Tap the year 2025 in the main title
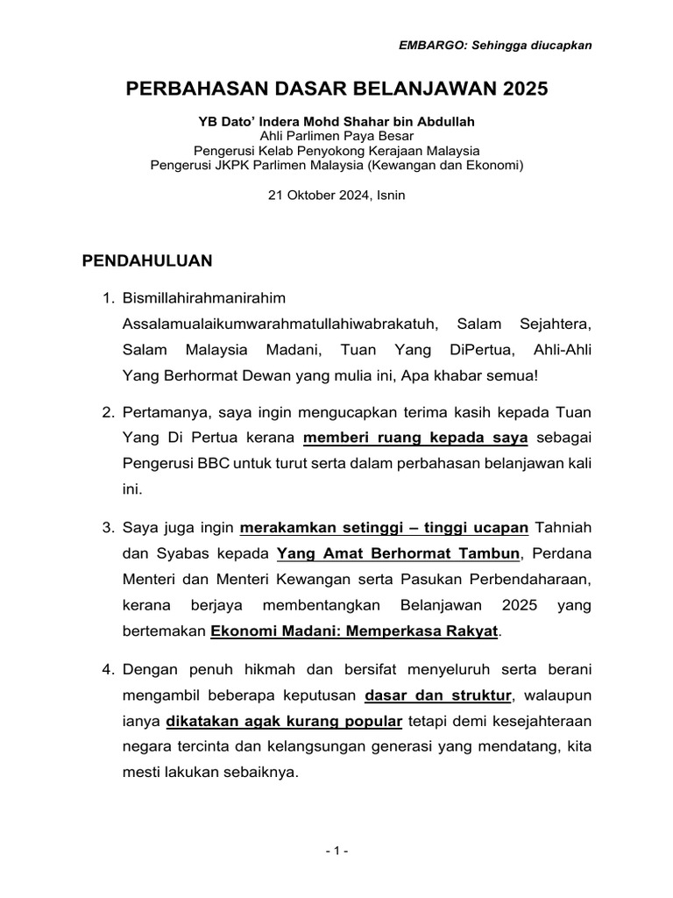coord(524,89)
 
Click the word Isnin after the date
coord(390,196)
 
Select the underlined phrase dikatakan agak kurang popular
coord(284,722)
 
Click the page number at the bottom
coord(336,851)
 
